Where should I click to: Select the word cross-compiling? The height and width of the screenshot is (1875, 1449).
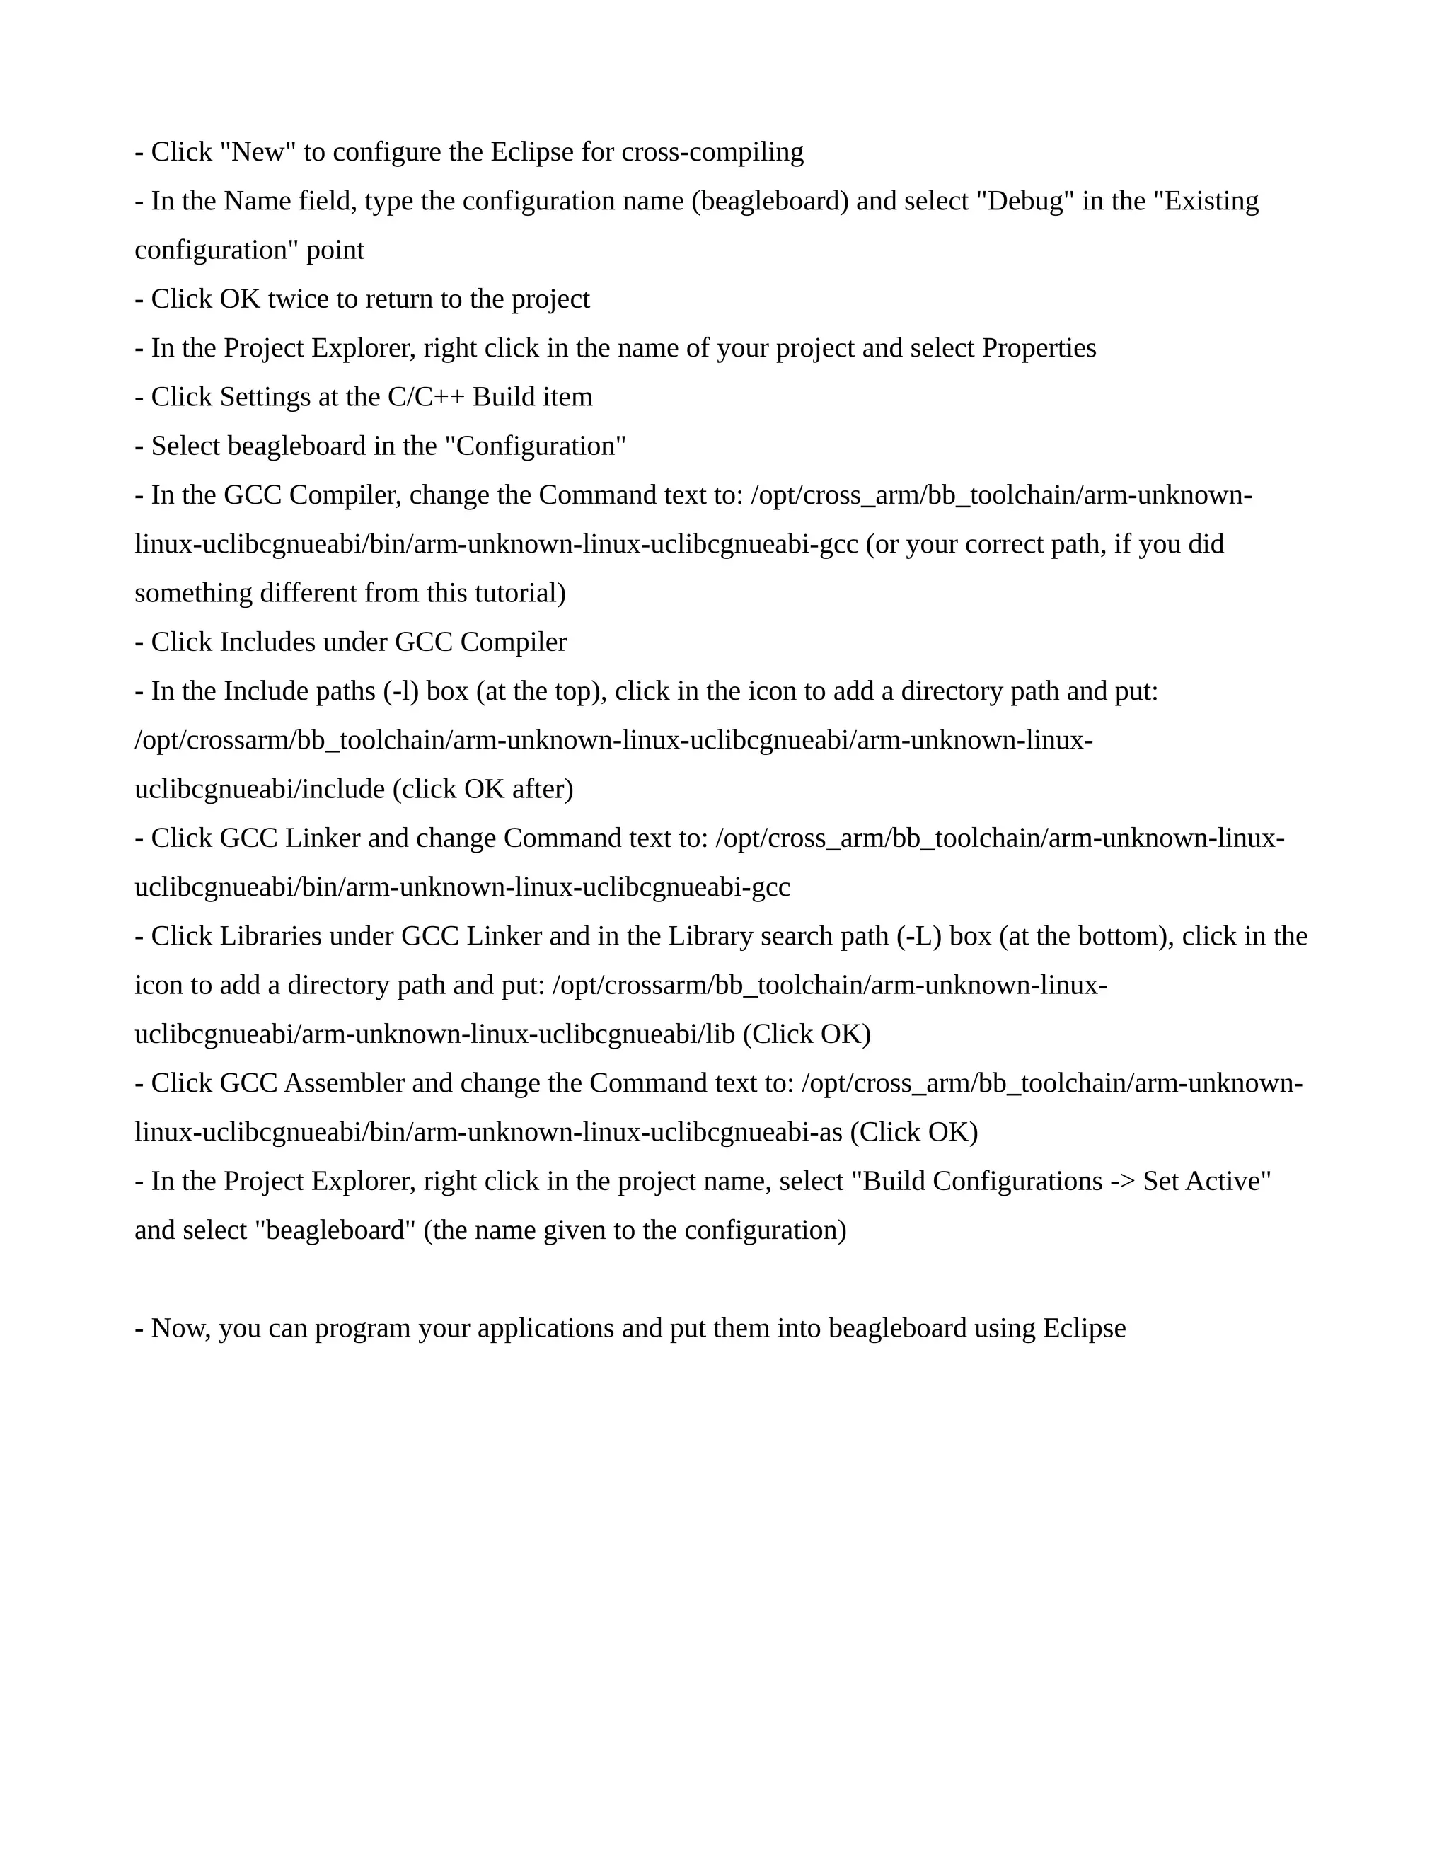pos(712,152)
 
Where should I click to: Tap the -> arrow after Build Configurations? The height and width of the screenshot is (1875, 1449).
pos(1122,1182)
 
